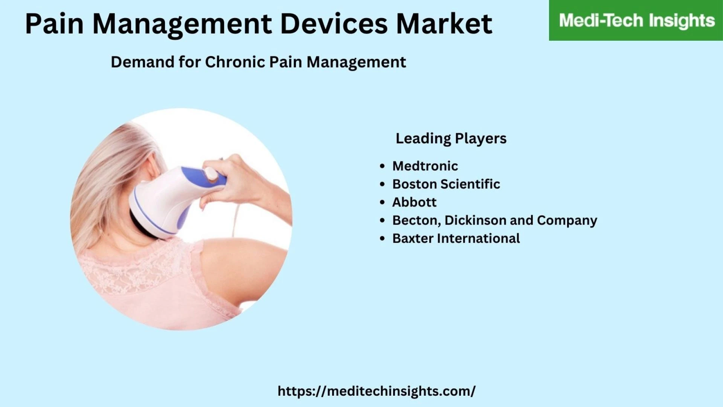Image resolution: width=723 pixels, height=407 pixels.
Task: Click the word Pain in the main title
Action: point(54,24)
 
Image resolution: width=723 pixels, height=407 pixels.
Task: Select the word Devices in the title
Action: point(334,24)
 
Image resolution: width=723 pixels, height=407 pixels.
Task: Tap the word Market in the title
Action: point(444,24)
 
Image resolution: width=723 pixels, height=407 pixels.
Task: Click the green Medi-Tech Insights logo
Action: point(636,20)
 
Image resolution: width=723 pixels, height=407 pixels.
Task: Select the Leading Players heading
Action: point(451,139)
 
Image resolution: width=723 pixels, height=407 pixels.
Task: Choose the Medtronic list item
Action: point(425,166)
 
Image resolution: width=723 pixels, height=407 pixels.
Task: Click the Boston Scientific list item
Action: point(446,184)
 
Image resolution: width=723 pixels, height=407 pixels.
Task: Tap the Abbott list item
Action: point(414,202)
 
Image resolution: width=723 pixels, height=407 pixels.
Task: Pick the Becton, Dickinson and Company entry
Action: point(495,220)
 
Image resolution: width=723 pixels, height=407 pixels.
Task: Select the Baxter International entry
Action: point(456,238)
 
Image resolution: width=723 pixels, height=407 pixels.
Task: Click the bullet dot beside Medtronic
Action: point(383,166)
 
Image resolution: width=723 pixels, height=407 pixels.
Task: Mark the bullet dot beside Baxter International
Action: point(383,239)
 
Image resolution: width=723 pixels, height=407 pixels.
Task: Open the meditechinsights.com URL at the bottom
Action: point(377,391)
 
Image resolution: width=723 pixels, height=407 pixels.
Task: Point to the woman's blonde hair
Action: point(113,177)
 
